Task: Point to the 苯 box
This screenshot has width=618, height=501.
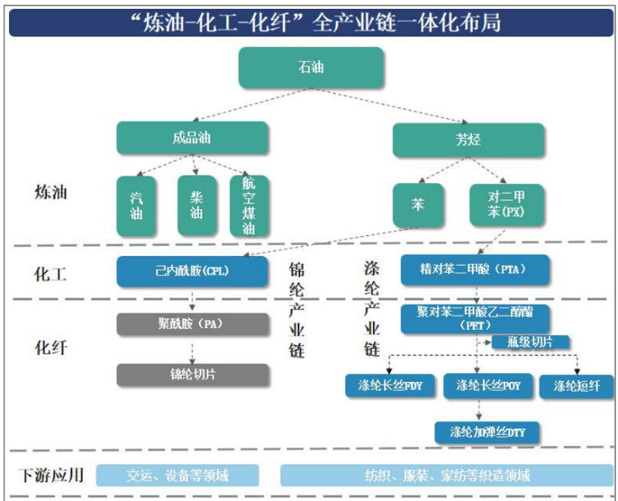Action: (418, 204)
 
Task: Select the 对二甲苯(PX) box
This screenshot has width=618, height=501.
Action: (506, 204)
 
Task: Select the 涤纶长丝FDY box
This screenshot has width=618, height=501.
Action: (389, 386)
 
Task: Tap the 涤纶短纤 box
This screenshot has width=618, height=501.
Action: (577, 386)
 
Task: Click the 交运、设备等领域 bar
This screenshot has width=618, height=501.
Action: (178, 476)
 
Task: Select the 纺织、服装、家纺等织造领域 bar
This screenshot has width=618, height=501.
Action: (447, 476)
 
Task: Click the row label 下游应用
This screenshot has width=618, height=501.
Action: (51, 475)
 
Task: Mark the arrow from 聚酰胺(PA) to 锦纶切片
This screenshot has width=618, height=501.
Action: (193, 349)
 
